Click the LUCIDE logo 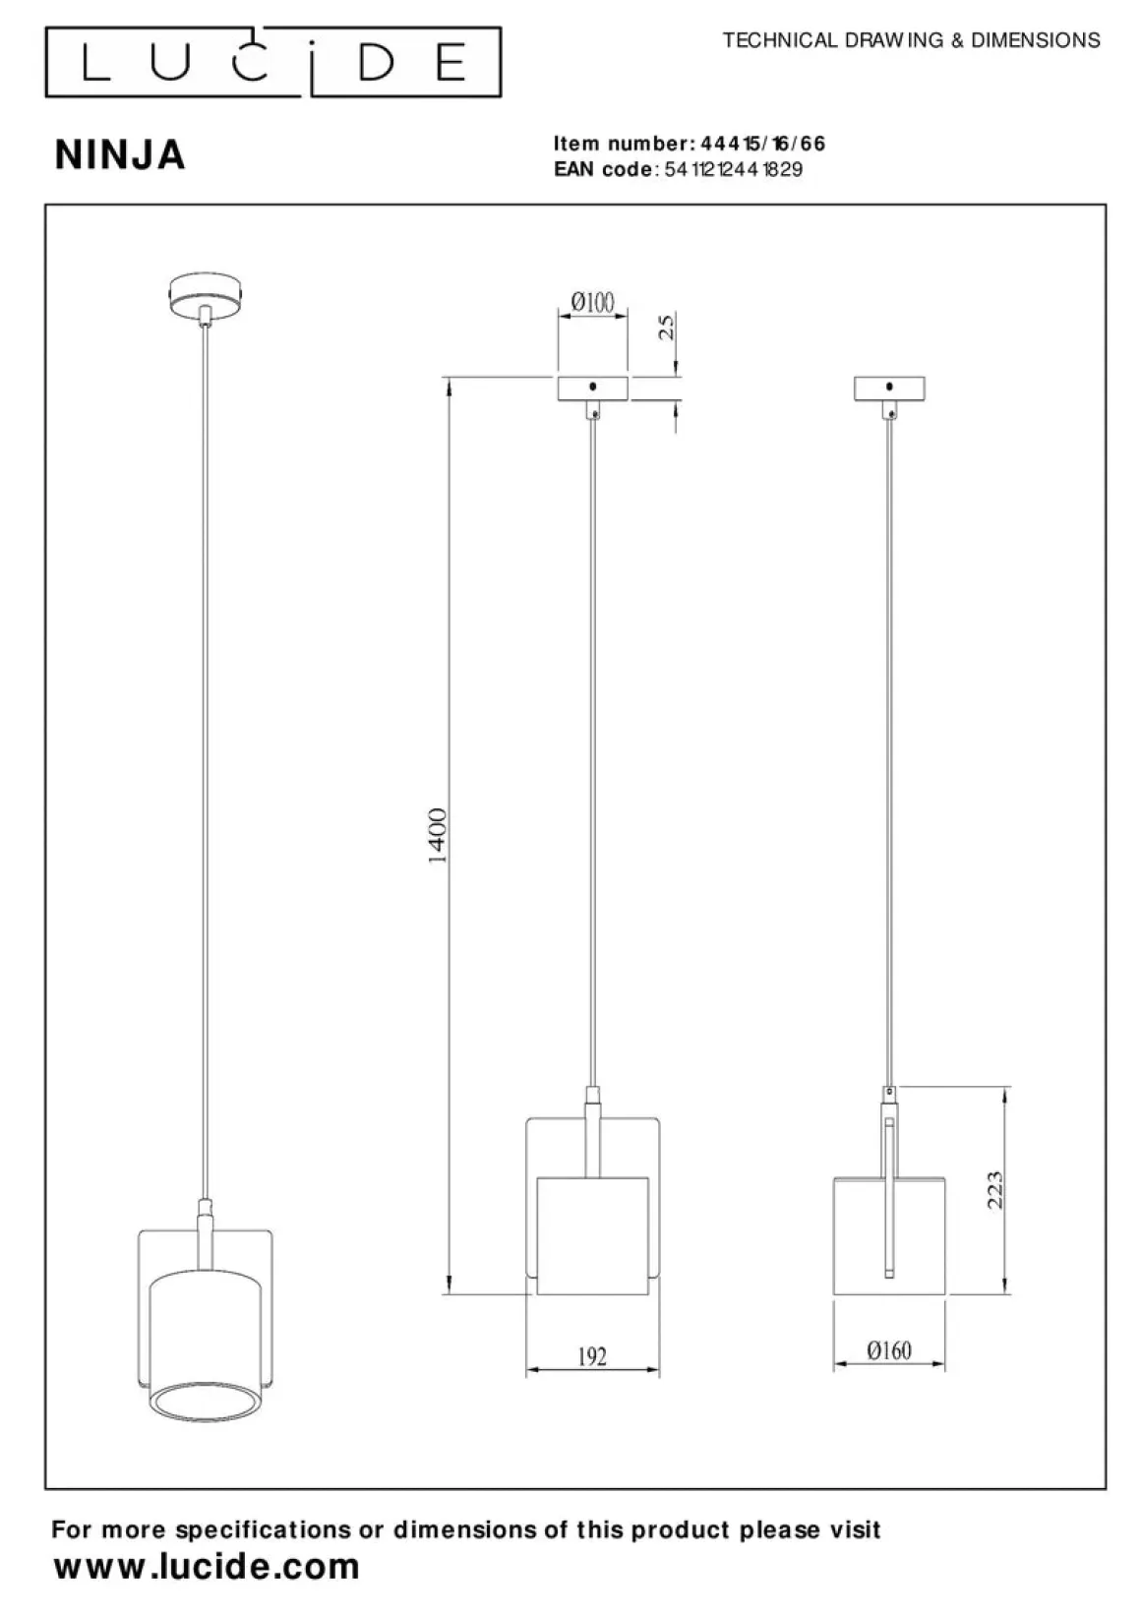coord(273,62)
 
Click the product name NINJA coord(120,155)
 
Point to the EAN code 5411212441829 coord(733,169)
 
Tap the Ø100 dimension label coord(592,302)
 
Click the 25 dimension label coord(668,327)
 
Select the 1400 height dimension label coord(438,836)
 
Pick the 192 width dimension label coord(592,1356)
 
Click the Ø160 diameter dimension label coord(889,1350)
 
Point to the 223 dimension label coord(994,1190)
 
